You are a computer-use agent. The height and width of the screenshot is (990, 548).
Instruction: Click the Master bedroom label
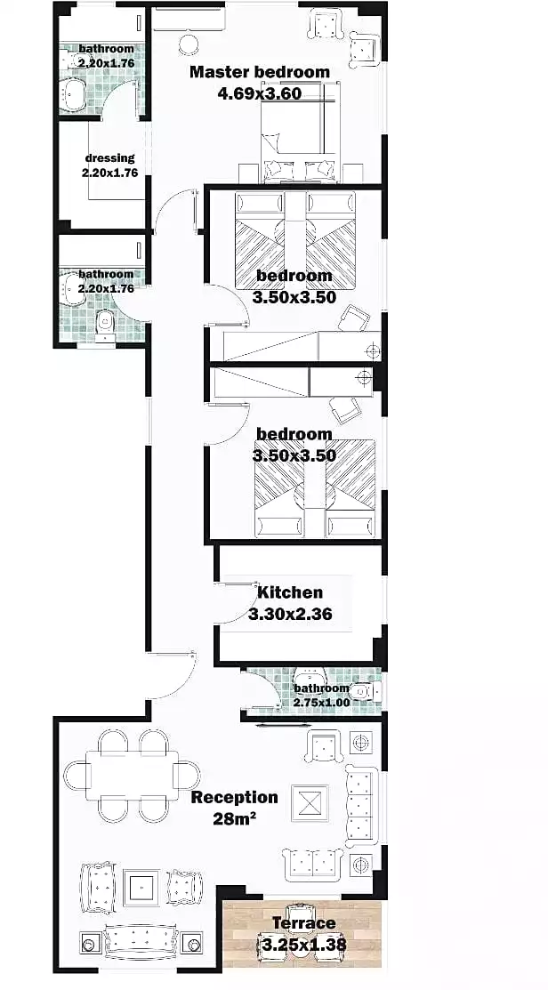click(260, 72)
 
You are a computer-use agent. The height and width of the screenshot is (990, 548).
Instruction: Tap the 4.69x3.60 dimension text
click(259, 94)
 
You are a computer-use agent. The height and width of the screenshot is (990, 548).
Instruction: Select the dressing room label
click(109, 157)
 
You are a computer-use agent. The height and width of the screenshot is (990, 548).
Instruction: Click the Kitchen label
click(290, 593)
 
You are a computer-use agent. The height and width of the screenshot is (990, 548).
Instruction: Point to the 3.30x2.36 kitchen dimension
click(290, 614)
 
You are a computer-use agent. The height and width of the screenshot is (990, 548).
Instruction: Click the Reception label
click(234, 798)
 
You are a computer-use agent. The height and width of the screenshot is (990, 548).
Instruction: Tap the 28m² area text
click(234, 819)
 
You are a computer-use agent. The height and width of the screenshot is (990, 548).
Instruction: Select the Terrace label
click(303, 923)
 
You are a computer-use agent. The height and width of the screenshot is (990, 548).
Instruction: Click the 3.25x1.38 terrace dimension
click(303, 946)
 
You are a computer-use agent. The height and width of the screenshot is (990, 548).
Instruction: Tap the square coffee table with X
click(310, 803)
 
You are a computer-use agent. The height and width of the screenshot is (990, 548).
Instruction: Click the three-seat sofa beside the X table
click(362, 806)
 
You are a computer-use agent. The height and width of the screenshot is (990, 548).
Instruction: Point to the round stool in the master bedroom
click(188, 44)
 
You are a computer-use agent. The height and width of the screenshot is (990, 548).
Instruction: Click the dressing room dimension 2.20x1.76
click(109, 173)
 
